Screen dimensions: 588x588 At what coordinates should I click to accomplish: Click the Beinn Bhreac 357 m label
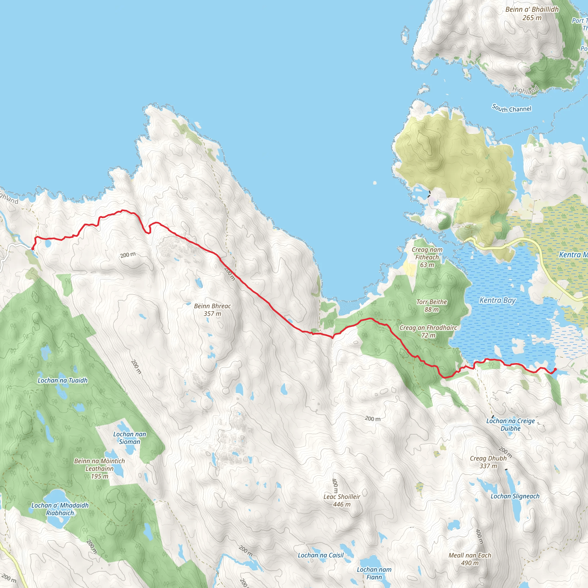click(212, 310)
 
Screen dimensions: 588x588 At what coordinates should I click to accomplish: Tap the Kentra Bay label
click(497, 300)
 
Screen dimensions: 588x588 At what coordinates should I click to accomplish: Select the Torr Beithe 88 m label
click(432, 305)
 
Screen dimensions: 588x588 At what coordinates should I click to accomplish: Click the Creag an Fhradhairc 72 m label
click(428, 331)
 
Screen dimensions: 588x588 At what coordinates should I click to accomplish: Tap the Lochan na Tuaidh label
click(62, 380)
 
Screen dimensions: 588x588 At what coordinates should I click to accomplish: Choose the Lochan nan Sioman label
click(130, 438)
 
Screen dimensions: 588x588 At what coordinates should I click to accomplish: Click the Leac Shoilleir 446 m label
click(341, 500)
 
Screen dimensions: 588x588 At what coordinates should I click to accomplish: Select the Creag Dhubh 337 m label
click(488, 462)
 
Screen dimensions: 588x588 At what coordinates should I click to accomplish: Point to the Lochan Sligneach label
click(515, 496)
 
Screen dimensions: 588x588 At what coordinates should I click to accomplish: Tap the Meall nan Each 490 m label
click(470, 559)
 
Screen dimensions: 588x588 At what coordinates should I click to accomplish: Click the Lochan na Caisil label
click(320, 555)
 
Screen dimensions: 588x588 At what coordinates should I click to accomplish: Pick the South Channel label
click(512, 108)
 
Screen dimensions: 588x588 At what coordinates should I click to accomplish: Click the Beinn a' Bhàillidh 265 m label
click(532, 13)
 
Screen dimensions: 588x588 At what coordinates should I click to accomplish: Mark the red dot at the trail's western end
click(32, 249)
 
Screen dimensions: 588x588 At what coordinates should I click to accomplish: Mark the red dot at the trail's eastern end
click(555, 369)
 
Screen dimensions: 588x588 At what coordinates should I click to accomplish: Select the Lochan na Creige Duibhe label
click(510, 425)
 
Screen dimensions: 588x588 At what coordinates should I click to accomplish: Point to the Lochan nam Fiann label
click(374, 573)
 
